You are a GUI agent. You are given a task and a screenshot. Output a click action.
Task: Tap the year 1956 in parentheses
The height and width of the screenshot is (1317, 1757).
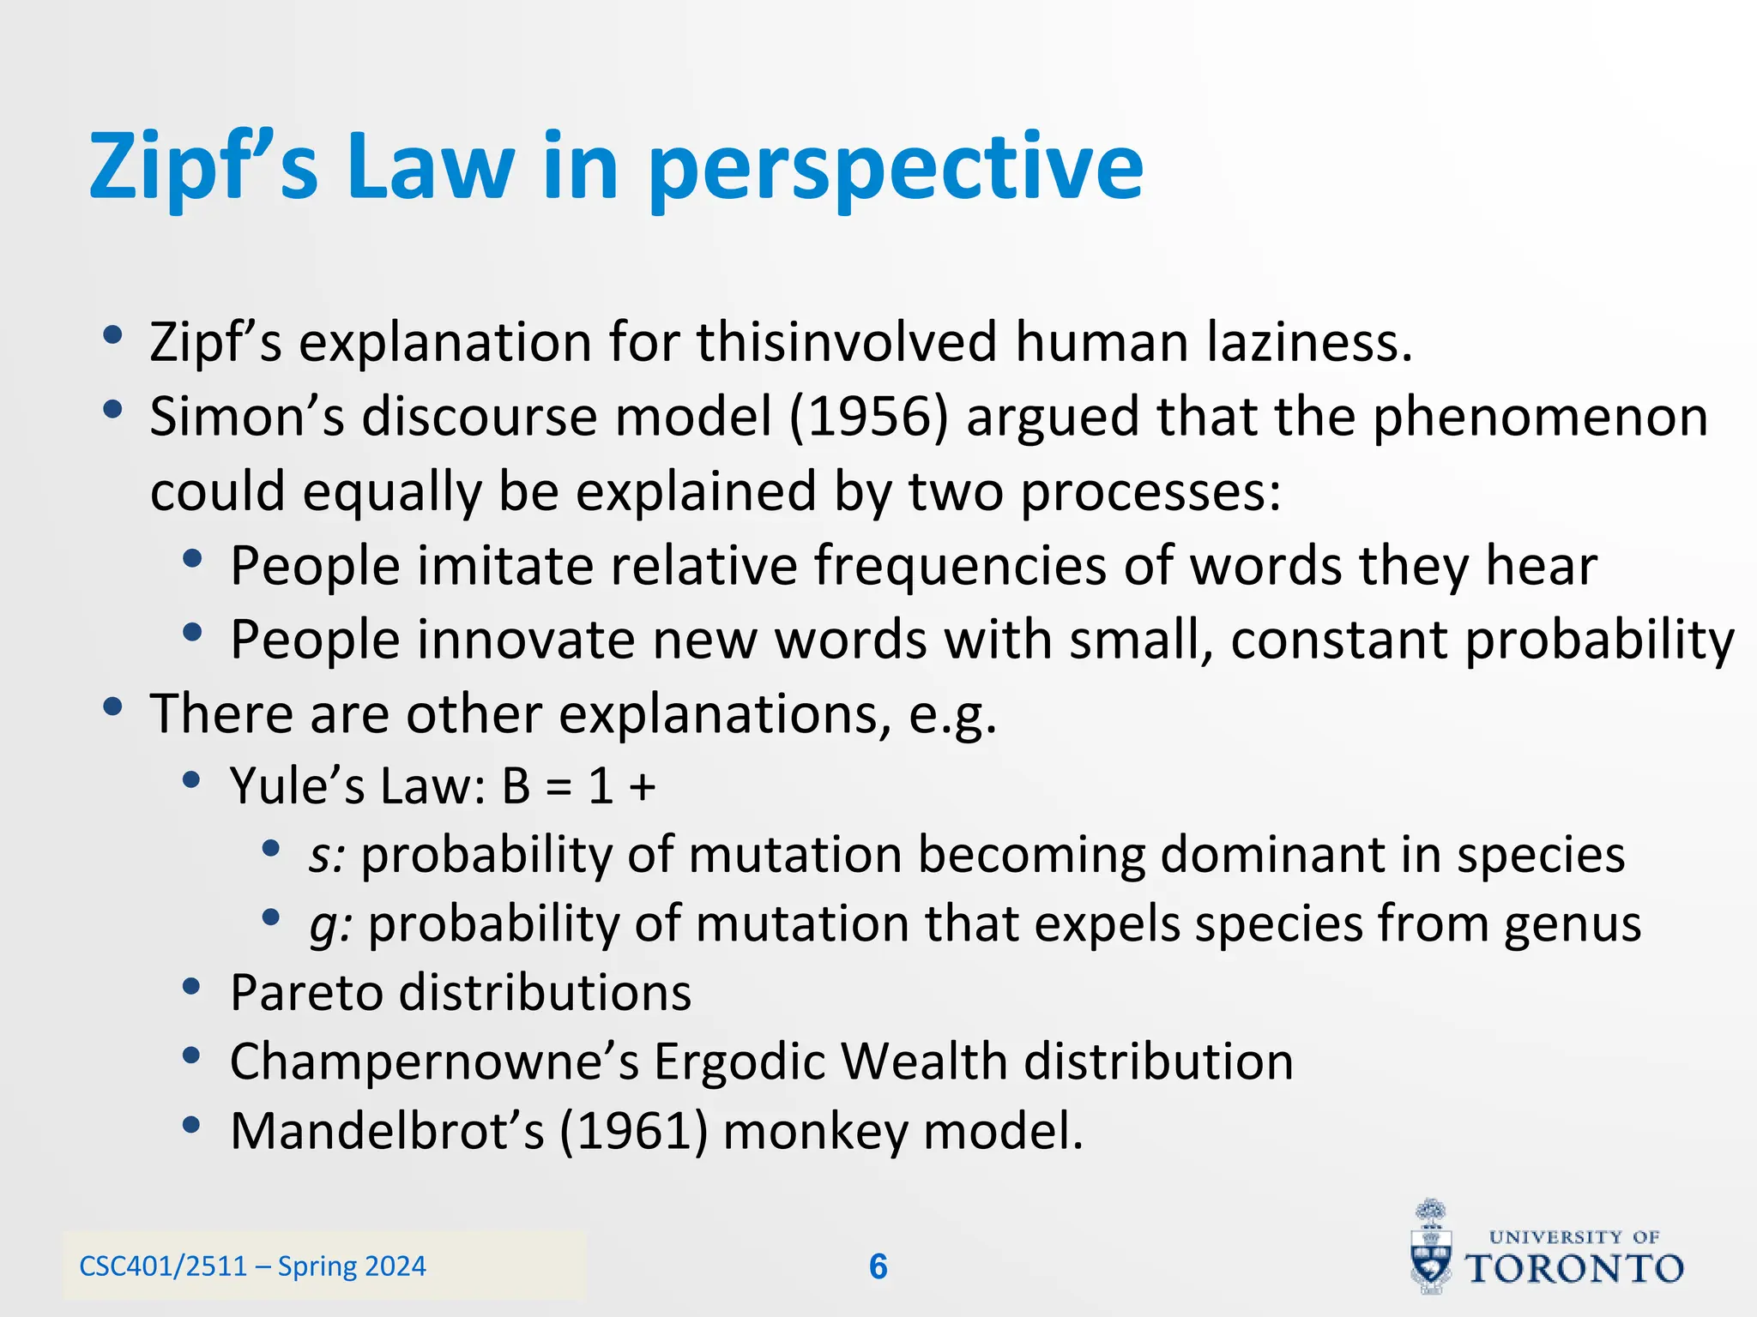click(x=868, y=418)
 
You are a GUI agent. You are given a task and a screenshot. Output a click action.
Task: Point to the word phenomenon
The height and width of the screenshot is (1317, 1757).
click(x=1540, y=418)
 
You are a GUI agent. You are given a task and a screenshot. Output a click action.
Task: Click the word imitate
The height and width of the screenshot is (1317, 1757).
click(x=498, y=566)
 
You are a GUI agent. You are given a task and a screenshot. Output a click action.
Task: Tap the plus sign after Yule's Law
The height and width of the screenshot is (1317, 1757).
click(x=642, y=786)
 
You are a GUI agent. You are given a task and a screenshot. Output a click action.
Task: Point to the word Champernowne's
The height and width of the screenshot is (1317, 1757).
click(x=434, y=1062)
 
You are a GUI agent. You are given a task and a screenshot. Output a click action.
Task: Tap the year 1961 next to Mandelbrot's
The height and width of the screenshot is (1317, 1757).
click(x=634, y=1131)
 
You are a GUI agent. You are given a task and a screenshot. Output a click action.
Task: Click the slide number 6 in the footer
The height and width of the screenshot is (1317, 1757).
click(x=878, y=1266)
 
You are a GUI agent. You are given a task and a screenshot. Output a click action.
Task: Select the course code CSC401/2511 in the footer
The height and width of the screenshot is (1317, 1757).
click(x=163, y=1266)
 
